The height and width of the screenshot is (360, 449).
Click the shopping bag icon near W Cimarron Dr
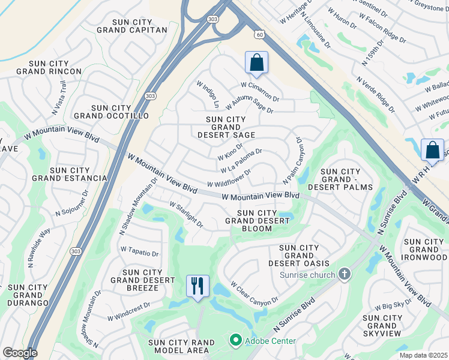(256, 62)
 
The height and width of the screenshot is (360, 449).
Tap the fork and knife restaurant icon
(197, 285)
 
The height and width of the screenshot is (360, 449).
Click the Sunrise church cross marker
(344, 275)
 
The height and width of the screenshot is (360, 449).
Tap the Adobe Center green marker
(235, 340)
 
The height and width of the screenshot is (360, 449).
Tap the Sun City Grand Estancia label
(69, 174)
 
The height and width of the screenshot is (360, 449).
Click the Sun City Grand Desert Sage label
(226, 127)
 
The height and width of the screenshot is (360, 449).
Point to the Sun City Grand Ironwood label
(426, 250)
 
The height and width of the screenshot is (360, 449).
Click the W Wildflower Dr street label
(229, 178)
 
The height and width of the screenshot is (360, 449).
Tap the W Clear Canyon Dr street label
(255, 293)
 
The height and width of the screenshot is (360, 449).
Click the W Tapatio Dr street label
(139, 251)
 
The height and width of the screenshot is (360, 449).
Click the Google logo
(19, 353)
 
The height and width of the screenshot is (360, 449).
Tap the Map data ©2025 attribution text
(423, 355)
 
